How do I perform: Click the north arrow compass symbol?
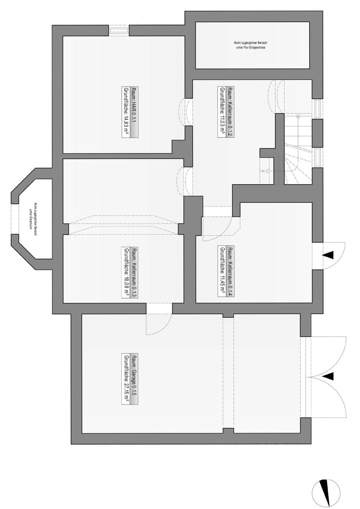[x=326, y=492]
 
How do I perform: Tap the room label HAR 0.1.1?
[x=135, y=112]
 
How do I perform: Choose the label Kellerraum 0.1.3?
[x=135, y=272]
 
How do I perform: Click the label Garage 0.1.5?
[x=135, y=379]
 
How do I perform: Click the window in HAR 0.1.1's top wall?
[x=119, y=31]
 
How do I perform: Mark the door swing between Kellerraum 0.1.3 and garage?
[x=159, y=324]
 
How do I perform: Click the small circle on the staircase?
[x=298, y=116]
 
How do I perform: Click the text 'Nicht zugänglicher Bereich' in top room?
[x=249, y=43]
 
